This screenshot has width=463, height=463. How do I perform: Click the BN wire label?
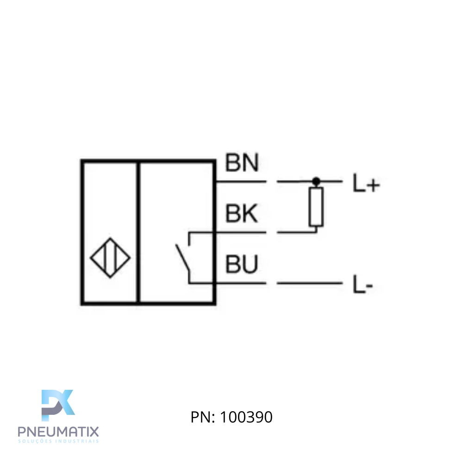241,163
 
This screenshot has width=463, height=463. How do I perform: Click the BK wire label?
241,214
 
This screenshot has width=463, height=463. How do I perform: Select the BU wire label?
241,265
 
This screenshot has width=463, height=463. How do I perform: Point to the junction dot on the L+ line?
316,181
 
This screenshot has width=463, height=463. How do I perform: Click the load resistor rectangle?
316,206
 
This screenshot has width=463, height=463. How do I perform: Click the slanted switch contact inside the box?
183,258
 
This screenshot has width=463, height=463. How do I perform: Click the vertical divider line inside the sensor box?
138,231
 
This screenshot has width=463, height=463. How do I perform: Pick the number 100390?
246,417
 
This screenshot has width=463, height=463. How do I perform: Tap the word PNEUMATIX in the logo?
58,432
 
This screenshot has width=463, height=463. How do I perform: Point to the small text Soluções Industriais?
58,441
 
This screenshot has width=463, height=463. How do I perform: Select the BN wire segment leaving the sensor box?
241,181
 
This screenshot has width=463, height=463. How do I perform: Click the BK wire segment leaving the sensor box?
241,232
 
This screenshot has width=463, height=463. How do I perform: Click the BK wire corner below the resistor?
316,232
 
